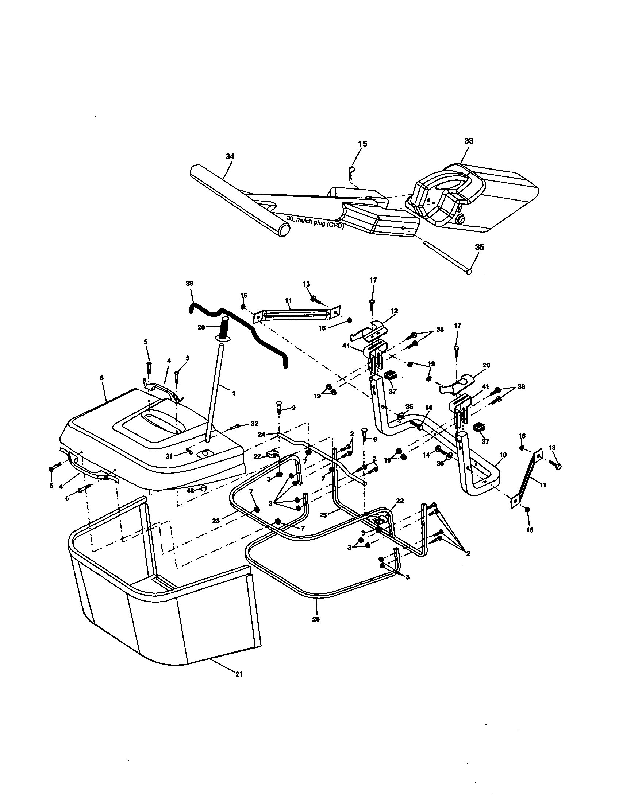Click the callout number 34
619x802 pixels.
230,156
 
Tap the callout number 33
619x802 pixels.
469,141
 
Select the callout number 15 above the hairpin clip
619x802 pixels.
362,144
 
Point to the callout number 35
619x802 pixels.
479,247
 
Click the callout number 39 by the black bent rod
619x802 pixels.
189,283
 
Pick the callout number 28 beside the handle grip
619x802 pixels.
201,327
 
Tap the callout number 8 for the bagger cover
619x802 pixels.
102,378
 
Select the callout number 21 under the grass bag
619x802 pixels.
239,674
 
